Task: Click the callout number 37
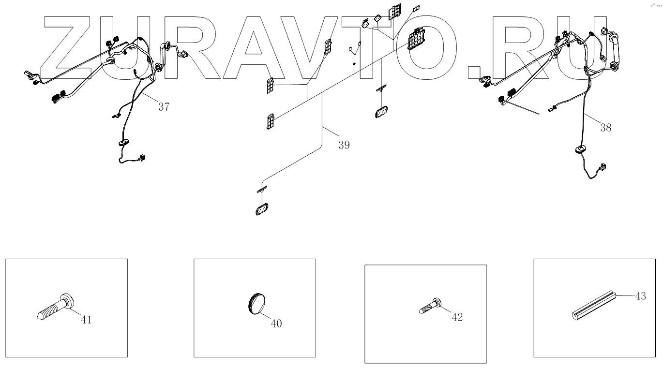pyautogui.click(x=164, y=107)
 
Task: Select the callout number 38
pyautogui.click(x=605, y=128)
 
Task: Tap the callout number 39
pyautogui.click(x=344, y=145)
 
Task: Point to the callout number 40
pyautogui.click(x=276, y=324)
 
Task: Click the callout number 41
pyautogui.click(x=86, y=320)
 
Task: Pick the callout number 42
pyautogui.click(x=457, y=317)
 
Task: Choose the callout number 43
pyautogui.click(x=640, y=296)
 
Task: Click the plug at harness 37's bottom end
pyautogui.click(x=143, y=157)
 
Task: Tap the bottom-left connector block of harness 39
pyautogui.click(x=270, y=121)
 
